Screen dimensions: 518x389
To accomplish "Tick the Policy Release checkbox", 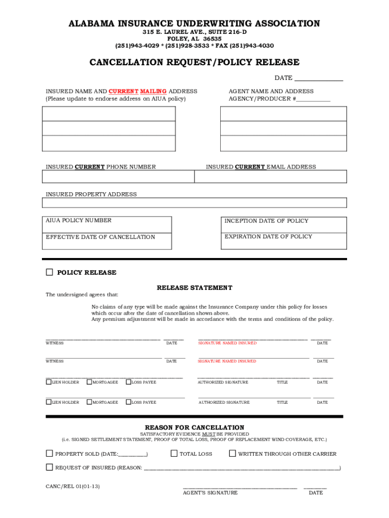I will pyautogui.click(x=49, y=272).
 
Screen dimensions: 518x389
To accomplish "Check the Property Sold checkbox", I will pyautogui.click(x=50, y=454).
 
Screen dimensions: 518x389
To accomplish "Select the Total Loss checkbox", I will pyautogui.click(x=174, y=454).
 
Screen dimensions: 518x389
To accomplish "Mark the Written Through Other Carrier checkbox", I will pyautogui.click(x=232, y=454).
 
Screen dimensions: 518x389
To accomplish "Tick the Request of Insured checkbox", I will pyautogui.click(x=50, y=467).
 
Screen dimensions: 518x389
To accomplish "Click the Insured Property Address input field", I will pyautogui.click(x=194, y=203).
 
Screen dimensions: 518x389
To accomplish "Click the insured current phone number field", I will pyautogui.click(x=118, y=177).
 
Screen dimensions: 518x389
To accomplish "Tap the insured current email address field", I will pyautogui.click(x=270, y=177).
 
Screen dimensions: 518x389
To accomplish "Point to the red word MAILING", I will pyautogui.click(x=154, y=92).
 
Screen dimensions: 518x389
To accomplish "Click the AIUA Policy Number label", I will pyautogui.click(x=79, y=221).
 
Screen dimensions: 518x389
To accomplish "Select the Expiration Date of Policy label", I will pyautogui.click(x=268, y=237).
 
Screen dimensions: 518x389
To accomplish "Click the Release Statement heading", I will pyautogui.click(x=194, y=288).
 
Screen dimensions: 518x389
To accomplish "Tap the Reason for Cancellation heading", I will pyautogui.click(x=194, y=427).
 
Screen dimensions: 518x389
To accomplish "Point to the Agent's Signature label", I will pyautogui.click(x=210, y=493).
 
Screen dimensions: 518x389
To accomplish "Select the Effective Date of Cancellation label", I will pyautogui.click(x=101, y=237).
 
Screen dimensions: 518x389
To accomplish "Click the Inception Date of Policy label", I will pyautogui.click(x=266, y=221).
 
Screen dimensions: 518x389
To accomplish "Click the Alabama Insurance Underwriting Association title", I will pyautogui.click(x=194, y=24).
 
